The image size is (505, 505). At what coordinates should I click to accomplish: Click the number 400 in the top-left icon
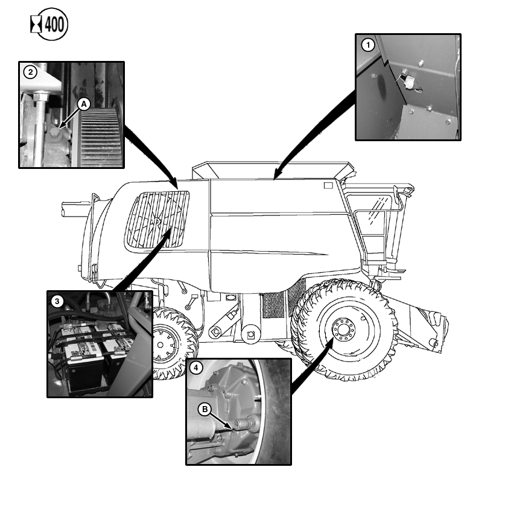point(54,25)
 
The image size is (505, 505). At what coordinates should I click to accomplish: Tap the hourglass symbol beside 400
point(36,25)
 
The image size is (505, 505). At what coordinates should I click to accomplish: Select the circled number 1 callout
point(368,45)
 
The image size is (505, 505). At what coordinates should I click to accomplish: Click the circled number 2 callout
point(31,72)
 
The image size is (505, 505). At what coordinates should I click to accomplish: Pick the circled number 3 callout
point(57,301)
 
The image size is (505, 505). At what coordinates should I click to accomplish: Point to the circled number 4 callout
point(196,368)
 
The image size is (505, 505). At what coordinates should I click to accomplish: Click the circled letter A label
point(84,104)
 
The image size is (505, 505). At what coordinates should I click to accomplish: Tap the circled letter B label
point(205,409)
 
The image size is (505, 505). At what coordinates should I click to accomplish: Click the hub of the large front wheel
point(344,329)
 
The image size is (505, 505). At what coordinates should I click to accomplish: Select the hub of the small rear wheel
point(160,345)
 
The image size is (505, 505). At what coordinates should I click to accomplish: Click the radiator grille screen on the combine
point(157,220)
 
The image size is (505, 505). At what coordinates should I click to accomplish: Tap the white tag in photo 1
point(410,82)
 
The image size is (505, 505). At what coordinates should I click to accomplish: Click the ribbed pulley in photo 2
point(99,136)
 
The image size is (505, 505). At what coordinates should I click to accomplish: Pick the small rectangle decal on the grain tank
point(328,185)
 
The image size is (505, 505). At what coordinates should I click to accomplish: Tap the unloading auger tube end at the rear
point(64,209)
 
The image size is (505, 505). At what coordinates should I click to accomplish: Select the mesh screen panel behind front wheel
point(273,305)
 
